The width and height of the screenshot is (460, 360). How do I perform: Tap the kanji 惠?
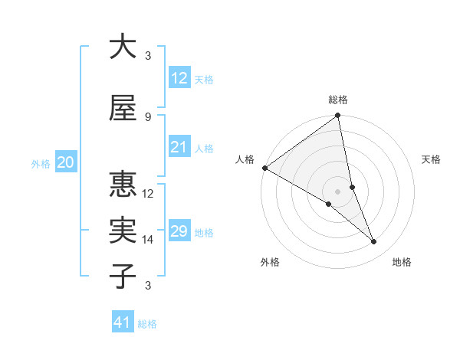pos(123,184)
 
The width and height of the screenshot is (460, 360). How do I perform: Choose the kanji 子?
pos(123,276)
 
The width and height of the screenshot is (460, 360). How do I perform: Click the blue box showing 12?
pos(179,78)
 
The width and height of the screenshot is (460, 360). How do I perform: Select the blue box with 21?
pos(179,147)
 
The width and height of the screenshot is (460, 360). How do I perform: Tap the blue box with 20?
pos(65,162)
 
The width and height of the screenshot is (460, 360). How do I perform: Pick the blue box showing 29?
pos(179,231)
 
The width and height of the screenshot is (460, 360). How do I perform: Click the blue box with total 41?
pos(123,323)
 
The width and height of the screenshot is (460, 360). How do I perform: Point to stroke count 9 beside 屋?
pos(148,116)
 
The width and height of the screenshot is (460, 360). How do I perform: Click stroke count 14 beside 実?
pos(148,240)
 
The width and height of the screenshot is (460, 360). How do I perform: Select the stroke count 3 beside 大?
pos(148,55)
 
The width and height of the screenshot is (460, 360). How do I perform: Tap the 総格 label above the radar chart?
pos(338,100)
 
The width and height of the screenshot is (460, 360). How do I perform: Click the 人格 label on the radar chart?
pos(245,159)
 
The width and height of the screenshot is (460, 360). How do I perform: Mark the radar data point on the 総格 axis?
pos(338,116)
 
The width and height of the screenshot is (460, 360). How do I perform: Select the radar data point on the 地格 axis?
pos(374,242)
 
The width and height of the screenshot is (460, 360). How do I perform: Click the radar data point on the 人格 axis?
pos(264,167)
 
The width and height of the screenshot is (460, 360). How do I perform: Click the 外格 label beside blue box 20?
pos(41,163)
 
